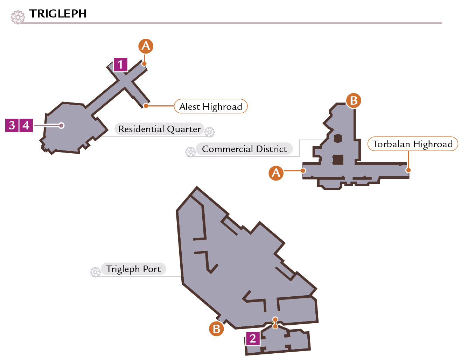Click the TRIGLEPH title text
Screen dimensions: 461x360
[58, 14]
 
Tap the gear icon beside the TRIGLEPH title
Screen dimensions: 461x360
[18, 17]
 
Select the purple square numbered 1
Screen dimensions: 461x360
[120, 65]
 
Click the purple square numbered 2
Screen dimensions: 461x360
[253, 338]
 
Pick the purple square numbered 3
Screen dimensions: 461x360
[12, 125]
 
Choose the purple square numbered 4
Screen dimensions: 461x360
[26, 125]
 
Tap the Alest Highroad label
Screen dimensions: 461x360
[211, 106]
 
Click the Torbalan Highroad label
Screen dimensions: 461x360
[413, 144]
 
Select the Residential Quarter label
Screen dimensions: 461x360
[159, 129]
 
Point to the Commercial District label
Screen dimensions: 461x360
[244, 149]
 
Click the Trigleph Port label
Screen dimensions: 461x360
[133, 269]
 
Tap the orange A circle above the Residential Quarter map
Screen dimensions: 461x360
[146, 46]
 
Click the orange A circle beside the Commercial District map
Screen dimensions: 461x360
[276, 173]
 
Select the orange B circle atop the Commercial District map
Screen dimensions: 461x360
[354, 100]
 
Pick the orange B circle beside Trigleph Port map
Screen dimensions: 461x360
[216, 329]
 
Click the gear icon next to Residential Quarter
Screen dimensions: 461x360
[210, 132]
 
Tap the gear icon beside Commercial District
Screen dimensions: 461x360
[190, 152]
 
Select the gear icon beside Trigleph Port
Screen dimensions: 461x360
[95, 272]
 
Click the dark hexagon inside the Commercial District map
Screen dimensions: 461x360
[338, 139]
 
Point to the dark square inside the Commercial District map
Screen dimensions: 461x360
[338, 160]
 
